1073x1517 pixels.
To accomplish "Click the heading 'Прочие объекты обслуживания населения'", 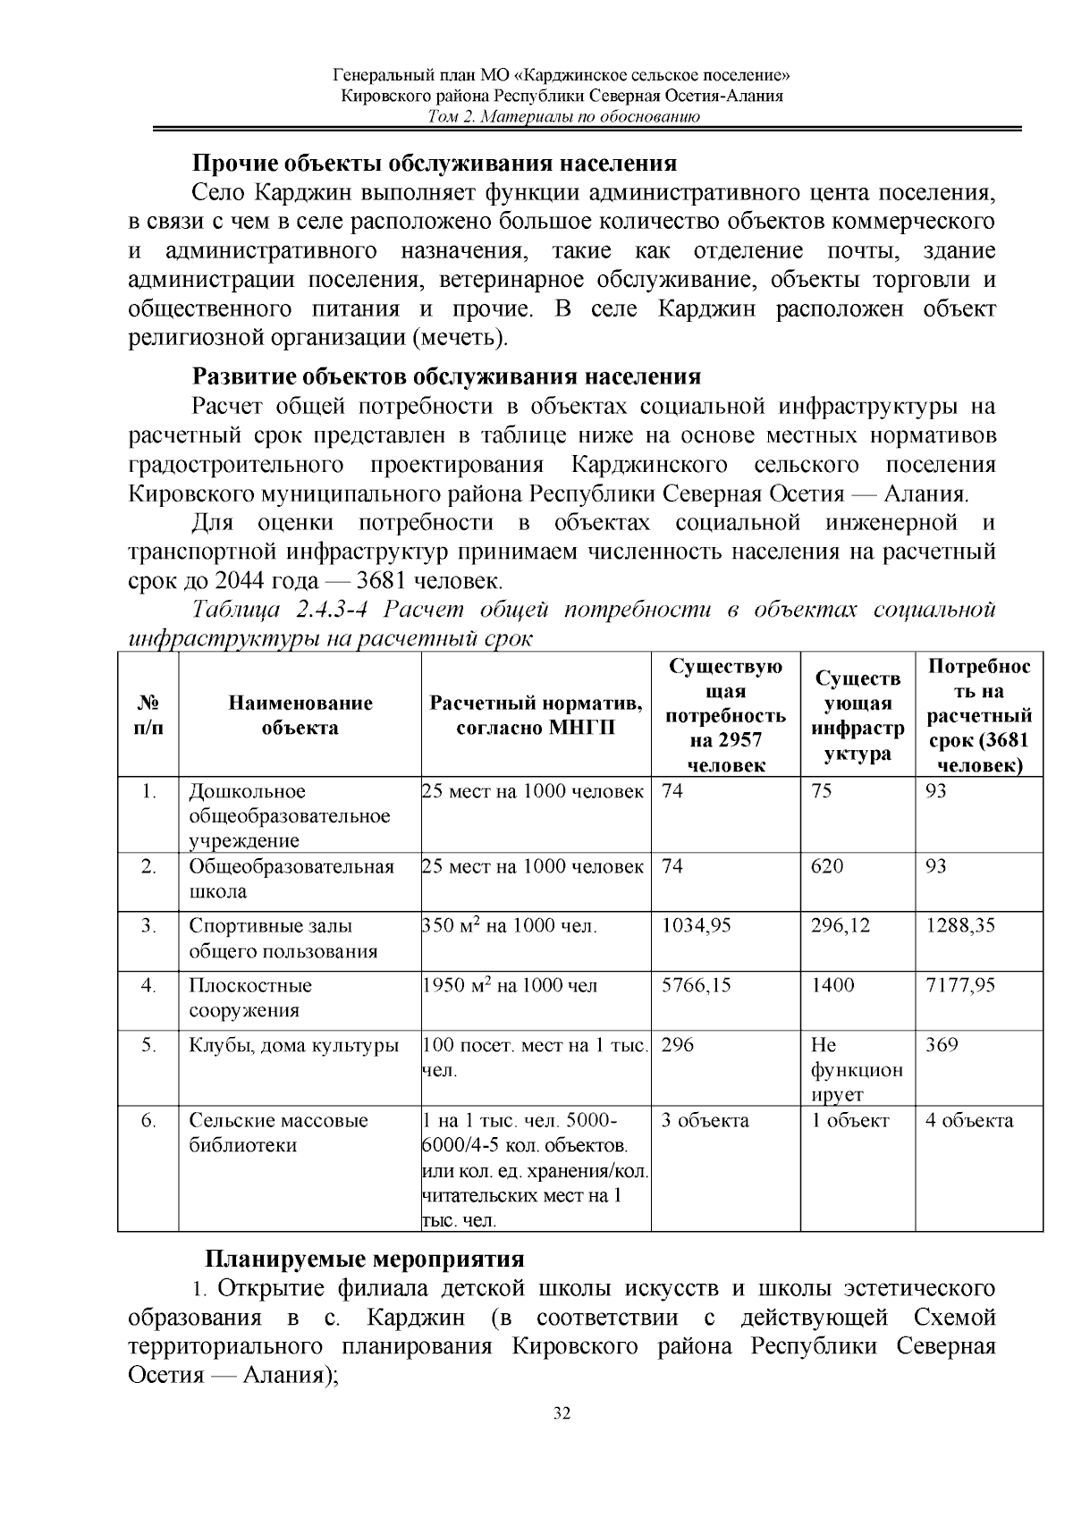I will click(x=435, y=164).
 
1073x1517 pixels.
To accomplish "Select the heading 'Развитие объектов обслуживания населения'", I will click(x=446, y=376).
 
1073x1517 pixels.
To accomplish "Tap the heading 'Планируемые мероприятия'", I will click(x=364, y=1260).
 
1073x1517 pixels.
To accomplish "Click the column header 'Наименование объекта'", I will click(x=300, y=715).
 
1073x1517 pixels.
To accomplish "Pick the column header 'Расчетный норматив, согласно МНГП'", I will click(x=536, y=715).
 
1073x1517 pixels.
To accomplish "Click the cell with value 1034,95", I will click(x=696, y=926).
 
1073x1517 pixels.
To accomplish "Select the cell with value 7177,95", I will click(x=960, y=986).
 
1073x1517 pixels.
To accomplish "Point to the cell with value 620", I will click(x=827, y=867).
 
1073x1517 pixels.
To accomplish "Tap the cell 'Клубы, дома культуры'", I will click(x=293, y=1046).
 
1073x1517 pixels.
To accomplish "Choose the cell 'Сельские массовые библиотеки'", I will click(x=278, y=1133).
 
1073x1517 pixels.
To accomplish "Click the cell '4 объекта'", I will click(x=969, y=1121).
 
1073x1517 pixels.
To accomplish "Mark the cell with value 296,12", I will click(x=841, y=926).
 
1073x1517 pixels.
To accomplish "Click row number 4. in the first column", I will click(x=148, y=986).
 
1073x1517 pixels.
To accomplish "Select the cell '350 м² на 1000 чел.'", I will click(x=510, y=926).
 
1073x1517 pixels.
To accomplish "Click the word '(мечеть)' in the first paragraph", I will click(x=460, y=339).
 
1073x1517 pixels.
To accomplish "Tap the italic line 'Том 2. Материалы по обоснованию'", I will click(x=562, y=117).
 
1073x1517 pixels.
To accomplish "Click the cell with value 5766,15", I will click(x=696, y=986).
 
